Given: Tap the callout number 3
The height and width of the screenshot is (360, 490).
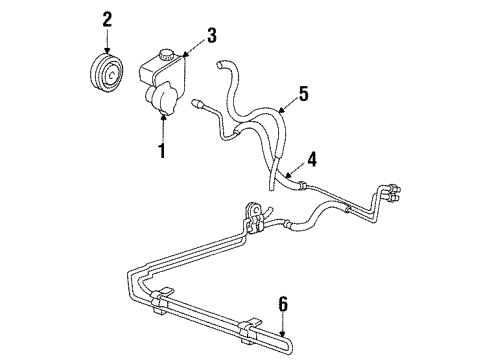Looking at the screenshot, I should point(211,38).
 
